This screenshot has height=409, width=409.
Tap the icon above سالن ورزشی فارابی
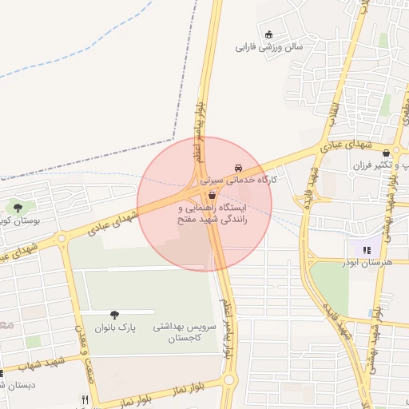click(x=268, y=34)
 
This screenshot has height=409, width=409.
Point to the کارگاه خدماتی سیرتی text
click(x=239, y=181)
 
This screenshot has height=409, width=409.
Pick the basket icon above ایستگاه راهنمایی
click(x=212, y=196)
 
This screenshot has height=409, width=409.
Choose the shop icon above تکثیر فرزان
click(x=387, y=153)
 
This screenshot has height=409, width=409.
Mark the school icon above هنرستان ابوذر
click(x=367, y=250)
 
